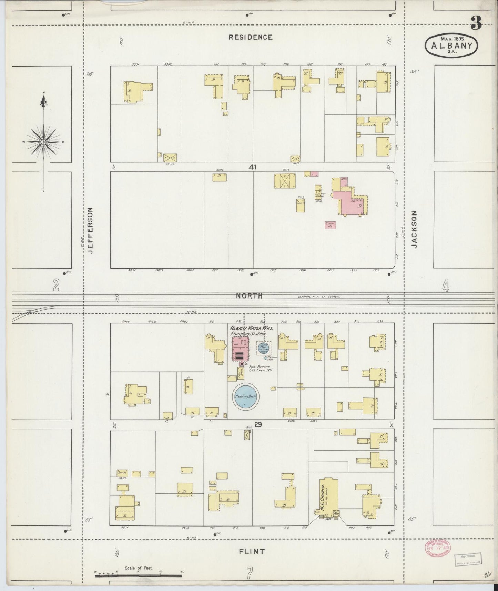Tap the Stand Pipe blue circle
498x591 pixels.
pyautogui.click(x=263, y=348)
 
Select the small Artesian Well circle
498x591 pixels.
pyautogui.click(x=265, y=358)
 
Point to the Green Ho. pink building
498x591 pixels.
pyautogui.click(x=330, y=225)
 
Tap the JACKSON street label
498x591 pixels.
pyautogui.click(x=414, y=230)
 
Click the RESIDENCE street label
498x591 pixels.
pyautogui.click(x=251, y=37)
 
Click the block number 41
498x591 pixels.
pyautogui.click(x=253, y=167)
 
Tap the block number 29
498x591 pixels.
pyautogui.click(x=258, y=425)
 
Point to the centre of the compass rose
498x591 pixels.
pyautogui.click(x=43, y=142)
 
